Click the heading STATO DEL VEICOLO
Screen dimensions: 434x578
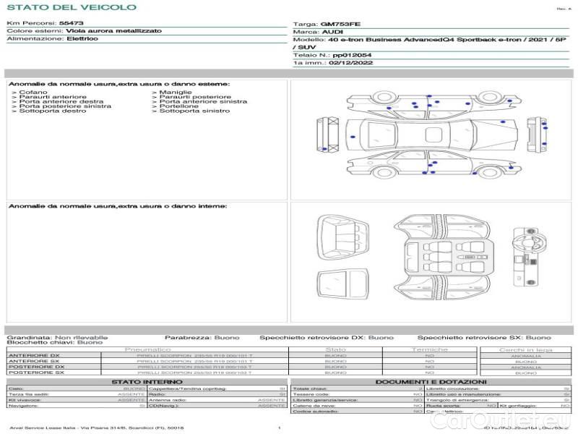(71, 7)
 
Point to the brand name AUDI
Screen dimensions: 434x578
(332, 33)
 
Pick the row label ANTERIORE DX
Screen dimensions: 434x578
(34, 355)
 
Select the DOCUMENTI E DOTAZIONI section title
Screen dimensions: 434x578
(431, 381)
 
